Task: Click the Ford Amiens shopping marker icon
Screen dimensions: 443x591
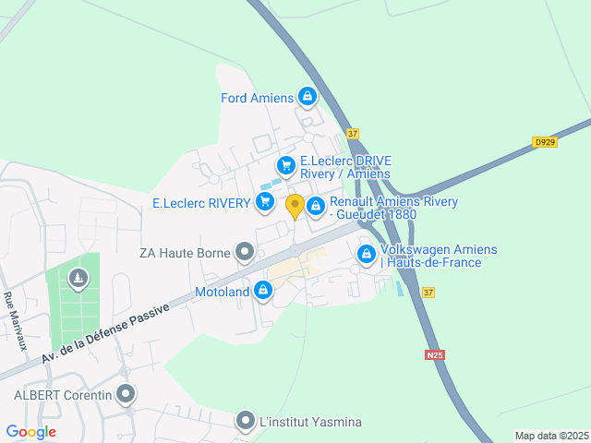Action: [x=308, y=97]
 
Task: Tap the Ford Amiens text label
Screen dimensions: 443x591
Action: [x=257, y=98]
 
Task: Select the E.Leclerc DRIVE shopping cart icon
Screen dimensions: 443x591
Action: [x=286, y=165]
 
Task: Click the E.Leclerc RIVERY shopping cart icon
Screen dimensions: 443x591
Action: [x=266, y=202]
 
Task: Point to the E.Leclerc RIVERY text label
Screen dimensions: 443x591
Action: [x=200, y=203]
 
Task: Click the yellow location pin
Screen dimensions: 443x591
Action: [x=295, y=207]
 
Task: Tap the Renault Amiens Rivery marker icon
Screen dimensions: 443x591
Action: [x=315, y=206]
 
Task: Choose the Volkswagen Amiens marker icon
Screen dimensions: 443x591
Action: [x=367, y=253]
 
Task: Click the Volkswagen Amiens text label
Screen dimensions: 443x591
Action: [x=438, y=256]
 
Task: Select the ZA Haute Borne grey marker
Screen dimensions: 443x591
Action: [x=245, y=250]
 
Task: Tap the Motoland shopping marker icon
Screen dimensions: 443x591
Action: [x=264, y=292]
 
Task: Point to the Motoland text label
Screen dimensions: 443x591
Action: [x=223, y=293]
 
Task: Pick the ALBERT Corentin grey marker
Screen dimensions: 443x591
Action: [x=126, y=394]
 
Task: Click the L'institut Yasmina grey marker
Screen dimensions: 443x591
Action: [x=246, y=421]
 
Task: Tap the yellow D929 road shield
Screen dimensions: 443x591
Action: [x=545, y=142]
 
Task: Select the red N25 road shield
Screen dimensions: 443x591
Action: [x=436, y=354]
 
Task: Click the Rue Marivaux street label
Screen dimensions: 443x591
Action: [x=16, y=320]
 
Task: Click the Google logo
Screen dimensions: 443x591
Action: [x=30, y=431]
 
